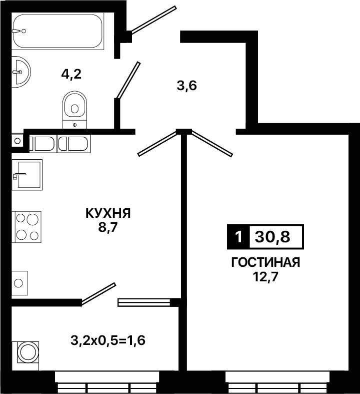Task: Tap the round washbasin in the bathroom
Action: (x=21, y=72)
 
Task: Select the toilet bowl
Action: (x=74, y=110)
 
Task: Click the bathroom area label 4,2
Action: (x=71, y=74)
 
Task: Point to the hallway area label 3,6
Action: (x=186, y=86)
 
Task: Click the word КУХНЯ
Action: (x=108, y=214)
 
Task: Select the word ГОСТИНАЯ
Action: (x=265, y=262)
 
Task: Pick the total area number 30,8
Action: (x=272, y=237)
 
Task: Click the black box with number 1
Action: (x=238, y=237)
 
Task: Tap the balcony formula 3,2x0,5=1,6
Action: (x=108, y=341)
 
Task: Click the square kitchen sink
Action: (x=27, y=175)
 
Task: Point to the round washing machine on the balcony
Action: (x=28, y=352)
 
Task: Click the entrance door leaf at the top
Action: (x=154, y=20)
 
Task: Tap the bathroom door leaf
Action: (x=128, y=80)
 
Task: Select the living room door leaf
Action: (x=212, y=143)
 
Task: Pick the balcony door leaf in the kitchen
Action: (x=98, y=294)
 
